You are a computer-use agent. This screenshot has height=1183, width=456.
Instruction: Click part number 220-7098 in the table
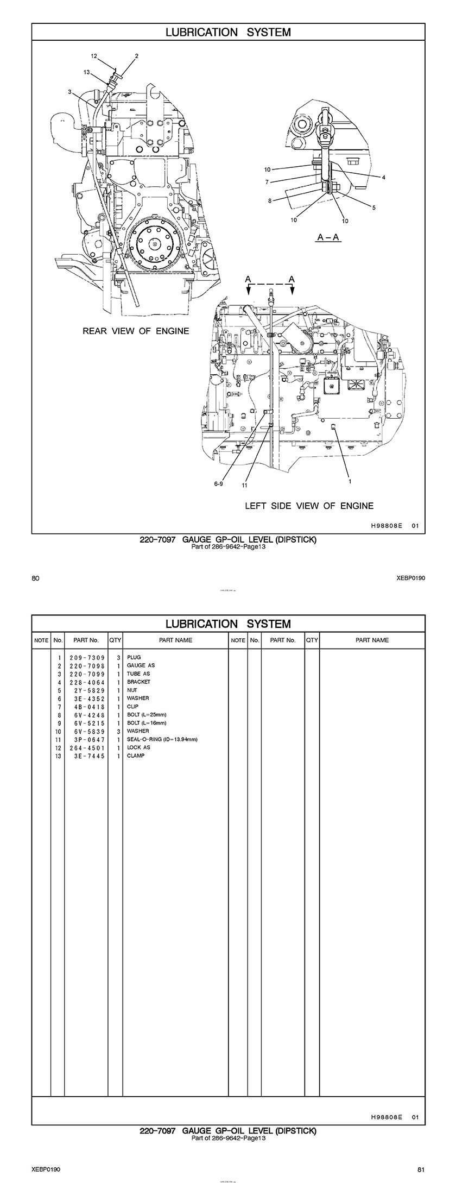[87, 665]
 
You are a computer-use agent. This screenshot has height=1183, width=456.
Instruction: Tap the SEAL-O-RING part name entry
[162, 739]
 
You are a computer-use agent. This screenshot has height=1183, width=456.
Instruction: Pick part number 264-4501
[87, 747]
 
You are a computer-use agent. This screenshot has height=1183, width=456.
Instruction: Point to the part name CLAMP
[136, 756]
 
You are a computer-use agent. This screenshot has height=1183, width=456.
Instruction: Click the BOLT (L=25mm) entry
[147, 715]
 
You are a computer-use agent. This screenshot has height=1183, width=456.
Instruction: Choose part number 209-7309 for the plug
[87, 657]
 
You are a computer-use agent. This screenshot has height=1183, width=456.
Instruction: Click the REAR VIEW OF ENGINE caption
[136, 331]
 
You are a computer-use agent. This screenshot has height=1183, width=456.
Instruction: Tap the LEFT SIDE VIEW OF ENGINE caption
[309, 506]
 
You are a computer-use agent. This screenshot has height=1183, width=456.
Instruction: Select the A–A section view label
[329, 237]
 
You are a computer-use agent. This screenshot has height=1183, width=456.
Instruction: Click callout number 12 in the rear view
[94, 56]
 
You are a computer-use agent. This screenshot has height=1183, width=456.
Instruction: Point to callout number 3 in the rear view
[69, 92]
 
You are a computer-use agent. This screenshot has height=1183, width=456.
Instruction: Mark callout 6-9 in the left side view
[218, 483]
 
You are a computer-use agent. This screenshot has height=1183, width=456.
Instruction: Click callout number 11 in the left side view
[245, 485]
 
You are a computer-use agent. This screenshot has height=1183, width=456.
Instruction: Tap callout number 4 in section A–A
[383, 178]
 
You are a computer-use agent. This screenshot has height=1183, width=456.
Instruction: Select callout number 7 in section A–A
[267, 183]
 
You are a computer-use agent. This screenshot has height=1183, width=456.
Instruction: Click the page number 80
[36, 578]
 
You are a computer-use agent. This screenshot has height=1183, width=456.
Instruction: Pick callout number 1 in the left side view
[350, 481]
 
